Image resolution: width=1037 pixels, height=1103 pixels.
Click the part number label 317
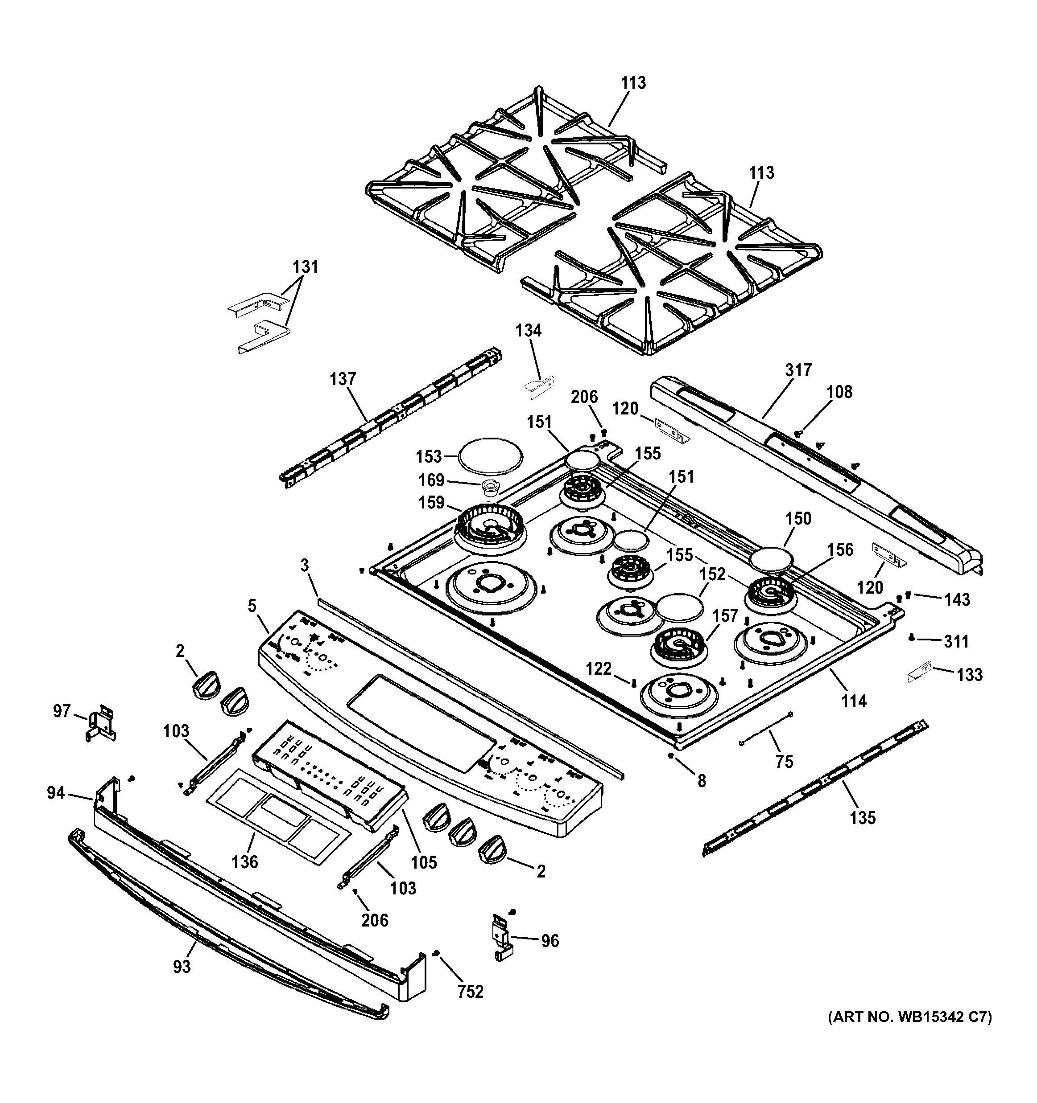click(798, 370)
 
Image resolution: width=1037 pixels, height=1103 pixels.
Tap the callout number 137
click(343, 380)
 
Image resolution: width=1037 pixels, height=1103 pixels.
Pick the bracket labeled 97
click(102, 722)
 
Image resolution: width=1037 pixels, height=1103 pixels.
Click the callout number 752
click(470, 992)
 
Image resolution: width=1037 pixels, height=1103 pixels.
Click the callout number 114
click(853, 701)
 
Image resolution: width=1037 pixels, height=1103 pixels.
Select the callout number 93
click(182, 967)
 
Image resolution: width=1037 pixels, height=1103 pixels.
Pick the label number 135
click(863, 817)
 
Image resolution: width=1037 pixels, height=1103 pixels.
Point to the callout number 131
click(306, 267)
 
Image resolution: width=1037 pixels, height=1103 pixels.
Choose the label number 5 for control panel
click(252, 606)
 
